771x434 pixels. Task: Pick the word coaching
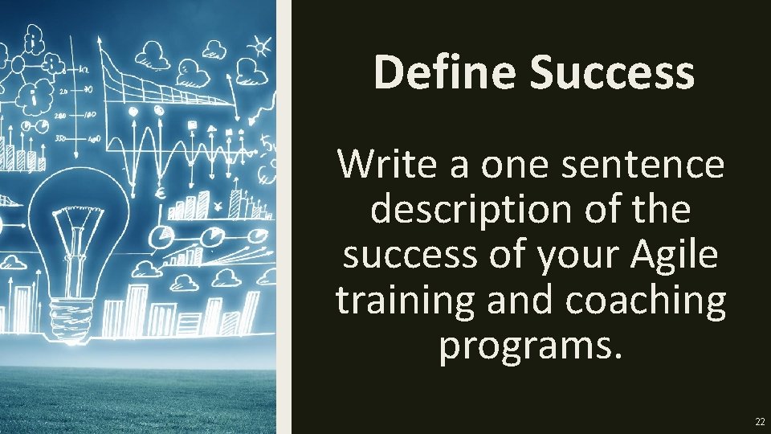pos(646,301)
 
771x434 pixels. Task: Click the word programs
pos(531,346)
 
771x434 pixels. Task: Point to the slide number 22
pos(759,422)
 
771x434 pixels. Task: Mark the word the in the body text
pos(663,210)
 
